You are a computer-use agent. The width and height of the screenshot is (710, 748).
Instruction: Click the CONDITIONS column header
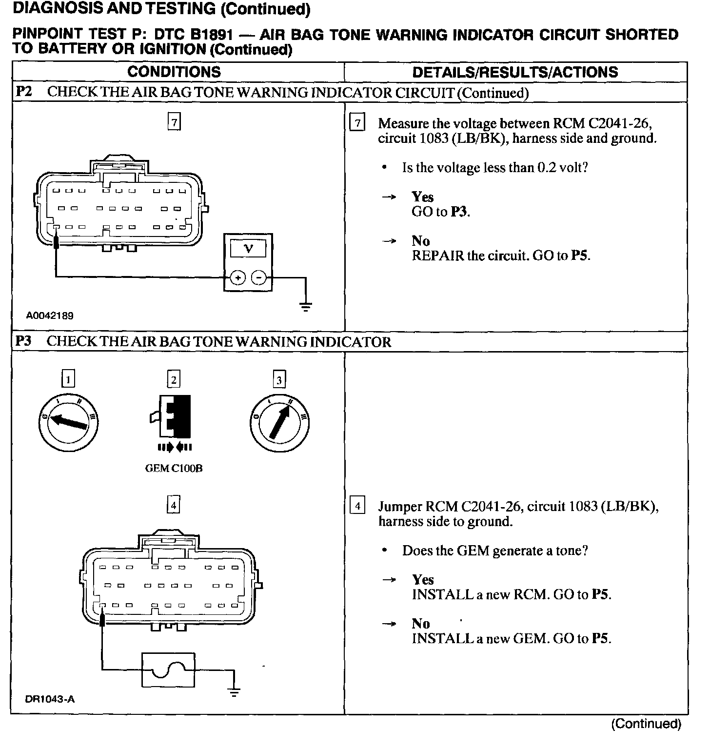(174, 72)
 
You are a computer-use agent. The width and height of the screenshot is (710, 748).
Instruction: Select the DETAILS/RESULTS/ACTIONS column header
(515, 72)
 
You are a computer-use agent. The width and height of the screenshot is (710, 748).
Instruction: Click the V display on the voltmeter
(248, 249)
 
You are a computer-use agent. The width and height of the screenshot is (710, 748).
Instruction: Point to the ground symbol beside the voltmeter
(306, 306)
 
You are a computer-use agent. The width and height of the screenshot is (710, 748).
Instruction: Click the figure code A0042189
(50, 316)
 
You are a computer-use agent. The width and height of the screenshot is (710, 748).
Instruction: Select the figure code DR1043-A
(50, 699)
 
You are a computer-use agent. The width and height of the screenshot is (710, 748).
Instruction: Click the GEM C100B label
(174, 469)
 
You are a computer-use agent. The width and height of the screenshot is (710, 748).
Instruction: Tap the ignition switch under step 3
(279, 422)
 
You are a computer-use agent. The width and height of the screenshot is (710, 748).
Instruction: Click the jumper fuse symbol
(168, 670)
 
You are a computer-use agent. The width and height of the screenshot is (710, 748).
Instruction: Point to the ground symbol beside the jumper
(234, 691)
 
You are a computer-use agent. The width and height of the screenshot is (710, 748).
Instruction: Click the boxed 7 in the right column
(357, 123)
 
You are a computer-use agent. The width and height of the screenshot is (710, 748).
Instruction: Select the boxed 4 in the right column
(357, 506)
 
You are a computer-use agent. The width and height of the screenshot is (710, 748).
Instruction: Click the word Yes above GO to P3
(422, 197)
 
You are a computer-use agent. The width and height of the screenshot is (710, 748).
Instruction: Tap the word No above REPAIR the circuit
(420, 240)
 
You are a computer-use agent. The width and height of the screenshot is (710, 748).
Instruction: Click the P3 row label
(23, 341)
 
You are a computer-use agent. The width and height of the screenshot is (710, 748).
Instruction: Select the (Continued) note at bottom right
(646, 724)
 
